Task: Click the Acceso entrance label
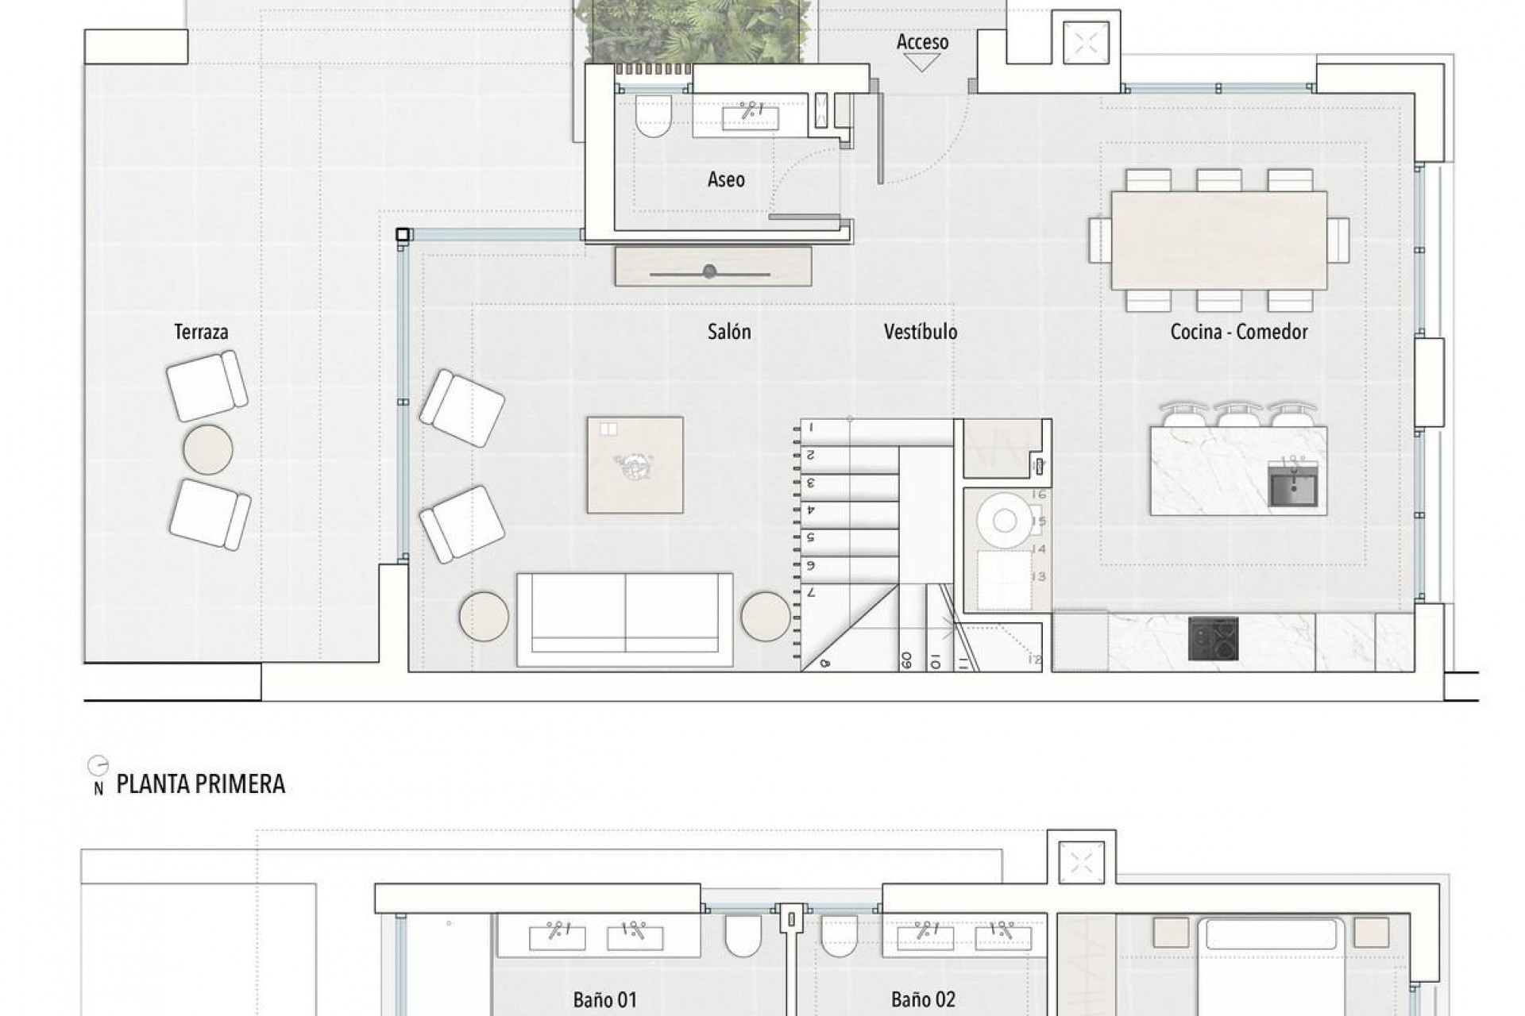coord(922,42)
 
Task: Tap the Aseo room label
coord(726,179)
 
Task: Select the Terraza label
coord(201,332)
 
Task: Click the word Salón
coord(728,332)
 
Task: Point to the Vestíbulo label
coord(921,332)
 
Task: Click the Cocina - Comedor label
coord(1238,332)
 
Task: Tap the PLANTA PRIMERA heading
coord(200,784)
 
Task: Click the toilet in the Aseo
coord(654,117)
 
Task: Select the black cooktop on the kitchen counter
coord(1213,639)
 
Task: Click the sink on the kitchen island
coord(1293,485)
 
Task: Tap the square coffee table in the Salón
coord(635,465)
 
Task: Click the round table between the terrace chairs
coord(208,450)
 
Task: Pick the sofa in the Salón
coord(624,620)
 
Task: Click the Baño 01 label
coord(604,999)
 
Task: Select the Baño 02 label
coord(923,999)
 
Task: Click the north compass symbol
coord(98,766)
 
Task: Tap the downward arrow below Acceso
coord(922,63)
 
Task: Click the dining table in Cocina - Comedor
coord(1218,240)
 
